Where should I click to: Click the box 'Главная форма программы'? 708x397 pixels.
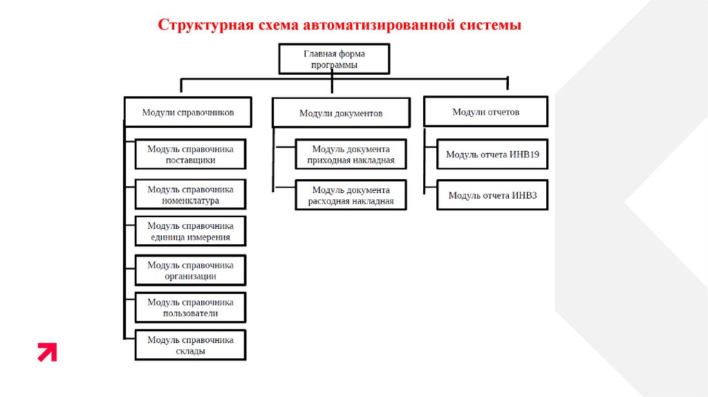[x=334, y=59]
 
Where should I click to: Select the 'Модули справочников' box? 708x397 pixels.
[x=187, y=112]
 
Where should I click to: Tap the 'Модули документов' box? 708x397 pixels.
[x=340, y=113]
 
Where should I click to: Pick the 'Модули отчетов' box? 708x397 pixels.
[x=485, y=111]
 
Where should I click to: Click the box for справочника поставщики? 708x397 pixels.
[x=190, y=154]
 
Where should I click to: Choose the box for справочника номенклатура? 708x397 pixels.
[x=190, y=195]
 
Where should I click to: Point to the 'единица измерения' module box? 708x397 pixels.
[x=190, y=231]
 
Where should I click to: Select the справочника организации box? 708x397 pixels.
[x=190, y=270]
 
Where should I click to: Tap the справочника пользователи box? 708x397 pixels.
[x=190, y=308]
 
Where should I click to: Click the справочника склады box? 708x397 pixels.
[x=190, y=345]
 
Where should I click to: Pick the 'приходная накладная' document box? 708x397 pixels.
[x=351, y=154]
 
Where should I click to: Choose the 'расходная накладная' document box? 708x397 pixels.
[x=351, y=196]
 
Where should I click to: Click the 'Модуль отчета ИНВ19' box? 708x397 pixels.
[x=492, y=154]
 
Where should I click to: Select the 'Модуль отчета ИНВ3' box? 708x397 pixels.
[x=492, y=195]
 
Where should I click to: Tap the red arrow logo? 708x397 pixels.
[x=47, y=352]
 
